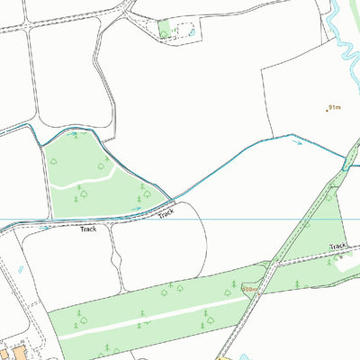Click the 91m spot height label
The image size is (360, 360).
(336, 107)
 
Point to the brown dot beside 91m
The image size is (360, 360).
(327, 110)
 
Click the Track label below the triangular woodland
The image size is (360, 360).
(87, 229)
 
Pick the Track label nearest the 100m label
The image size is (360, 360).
(337, 246)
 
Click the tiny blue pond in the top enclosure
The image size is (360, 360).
(190, 32)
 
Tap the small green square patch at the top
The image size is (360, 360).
(165, 30)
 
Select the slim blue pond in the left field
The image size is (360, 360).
(18, 268)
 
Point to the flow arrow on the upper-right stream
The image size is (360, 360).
(298, 141)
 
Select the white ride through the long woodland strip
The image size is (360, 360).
(144, 320)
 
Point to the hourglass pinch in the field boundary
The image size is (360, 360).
(114, 261)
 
